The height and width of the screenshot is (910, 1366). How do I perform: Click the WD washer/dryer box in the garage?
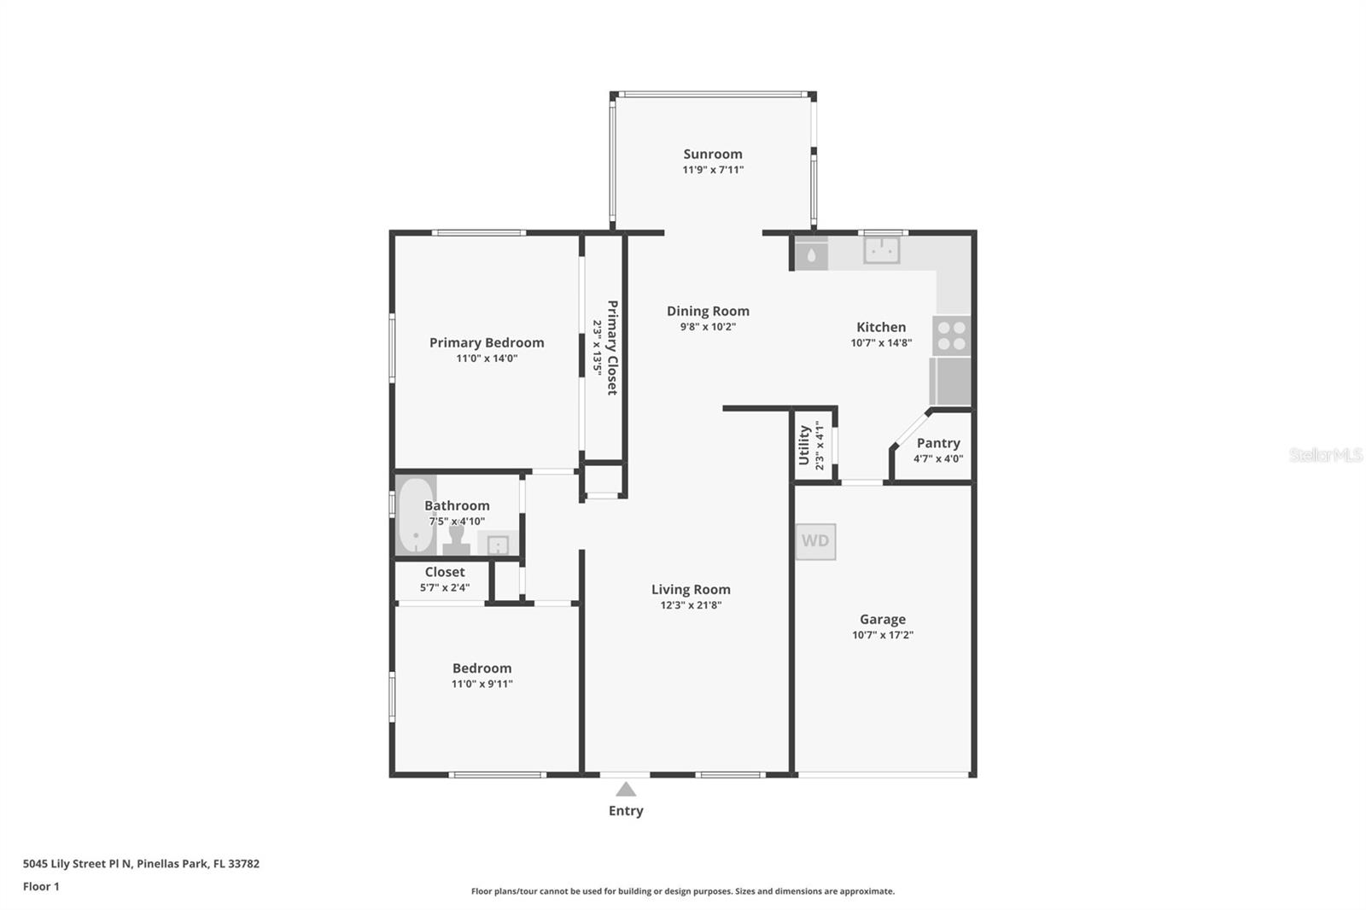(815, 541)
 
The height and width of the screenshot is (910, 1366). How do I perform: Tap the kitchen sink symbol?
(881, 251)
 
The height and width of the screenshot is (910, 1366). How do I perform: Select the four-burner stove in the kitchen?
(951, 335)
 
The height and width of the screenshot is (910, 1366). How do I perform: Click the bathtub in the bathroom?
(416, 515)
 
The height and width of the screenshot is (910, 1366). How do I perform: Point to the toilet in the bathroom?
(456, 540)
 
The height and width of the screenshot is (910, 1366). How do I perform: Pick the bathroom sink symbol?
(498, 543)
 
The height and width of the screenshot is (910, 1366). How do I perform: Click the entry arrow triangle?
(626, 790)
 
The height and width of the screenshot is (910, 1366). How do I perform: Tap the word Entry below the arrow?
(626, 811)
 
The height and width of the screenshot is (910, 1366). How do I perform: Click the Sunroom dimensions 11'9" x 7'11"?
(713, 170)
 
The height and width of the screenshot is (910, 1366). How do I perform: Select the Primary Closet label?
(612, 347)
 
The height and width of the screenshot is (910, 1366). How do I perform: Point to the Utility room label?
(803, 446)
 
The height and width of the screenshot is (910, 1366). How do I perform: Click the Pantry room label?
(938, 443)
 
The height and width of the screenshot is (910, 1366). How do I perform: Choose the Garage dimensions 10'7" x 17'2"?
(883, 635)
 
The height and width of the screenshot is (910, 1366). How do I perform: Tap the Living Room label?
(691, 589)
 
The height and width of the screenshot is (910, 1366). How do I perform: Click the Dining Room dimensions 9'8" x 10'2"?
(708, 327)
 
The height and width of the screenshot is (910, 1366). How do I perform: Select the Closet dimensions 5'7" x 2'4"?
(445, 588)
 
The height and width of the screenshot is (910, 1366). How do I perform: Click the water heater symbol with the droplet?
(811, 254)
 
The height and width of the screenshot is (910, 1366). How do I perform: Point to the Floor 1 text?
(41, 886)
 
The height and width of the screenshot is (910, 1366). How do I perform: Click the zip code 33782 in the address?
(243, 864)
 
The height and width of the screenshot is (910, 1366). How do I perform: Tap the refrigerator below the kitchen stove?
(950, 382)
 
